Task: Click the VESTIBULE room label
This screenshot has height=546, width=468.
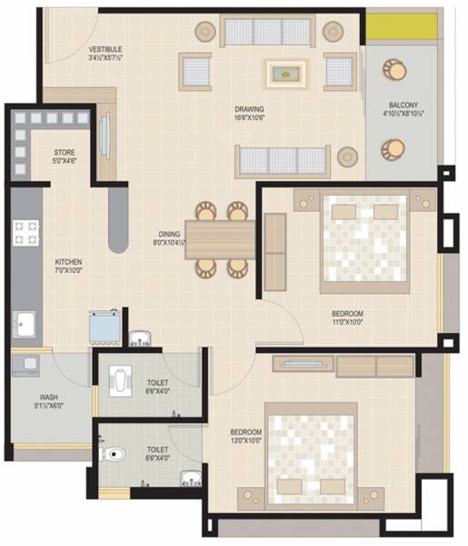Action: (x=106, y=48)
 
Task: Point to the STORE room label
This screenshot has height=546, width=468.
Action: (x=64, y=152)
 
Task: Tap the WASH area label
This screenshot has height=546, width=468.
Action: (x=48, y=397)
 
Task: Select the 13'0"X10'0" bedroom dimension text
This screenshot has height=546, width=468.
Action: (x=246, y=440)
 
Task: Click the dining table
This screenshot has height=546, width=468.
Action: (x=220, y=239)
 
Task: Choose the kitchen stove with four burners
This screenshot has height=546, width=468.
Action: (x=25, y=233)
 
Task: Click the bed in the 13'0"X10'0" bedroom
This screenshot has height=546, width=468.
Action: (x=308, y=450)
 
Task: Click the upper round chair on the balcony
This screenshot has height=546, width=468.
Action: (x=395, y=70)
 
